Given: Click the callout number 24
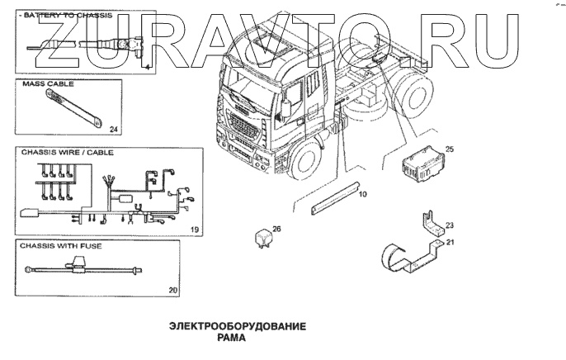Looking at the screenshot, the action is click(x=114, y=129).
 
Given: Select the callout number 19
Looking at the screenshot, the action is click(x=195, y=228).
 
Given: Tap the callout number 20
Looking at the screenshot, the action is click(x=172, y=290).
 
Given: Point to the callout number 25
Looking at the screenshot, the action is click(x=450, y=149).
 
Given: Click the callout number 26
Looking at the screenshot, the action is click(x=276, y=229).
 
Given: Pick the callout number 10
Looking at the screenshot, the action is click(x=361, y=195).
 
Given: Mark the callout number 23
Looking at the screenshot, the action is click(x=450, y=225).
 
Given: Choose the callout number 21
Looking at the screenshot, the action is click(x=450, y=242).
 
